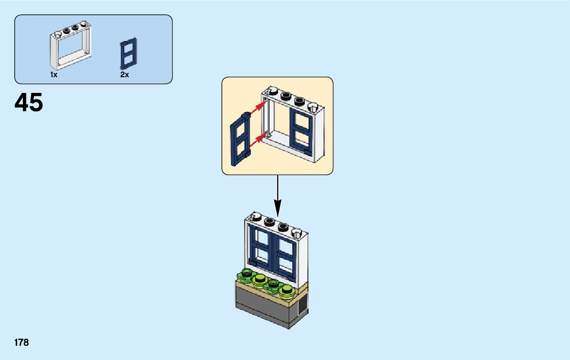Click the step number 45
[29, 103]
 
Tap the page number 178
[22, 343]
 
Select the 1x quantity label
[54, 75]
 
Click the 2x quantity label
[124, 75]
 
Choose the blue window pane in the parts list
[128, 53]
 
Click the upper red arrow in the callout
[259, 107]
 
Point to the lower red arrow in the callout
[259, 137]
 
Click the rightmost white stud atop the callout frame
[313, 107]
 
